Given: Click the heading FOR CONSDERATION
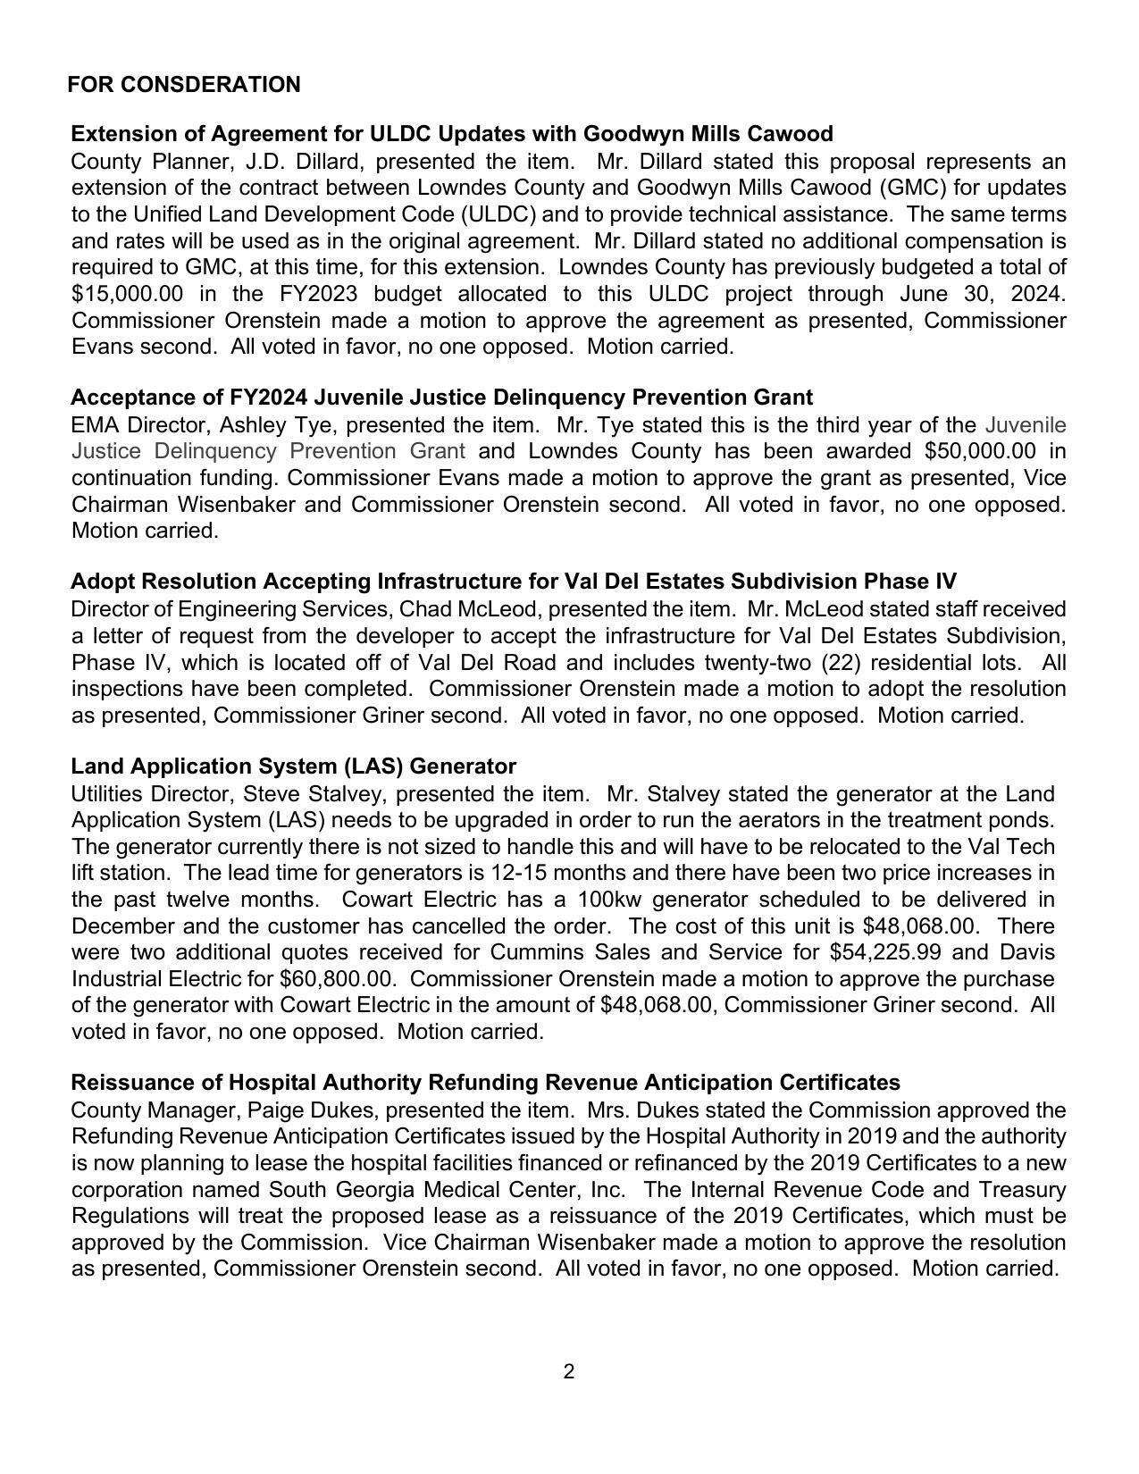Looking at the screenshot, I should pyautogui.click(x=183, y=85).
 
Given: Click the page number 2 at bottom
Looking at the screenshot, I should pyautogui.click(x=569, y=1372).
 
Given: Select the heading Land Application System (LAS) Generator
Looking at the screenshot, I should pyautogui.click(x=293, y=766).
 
